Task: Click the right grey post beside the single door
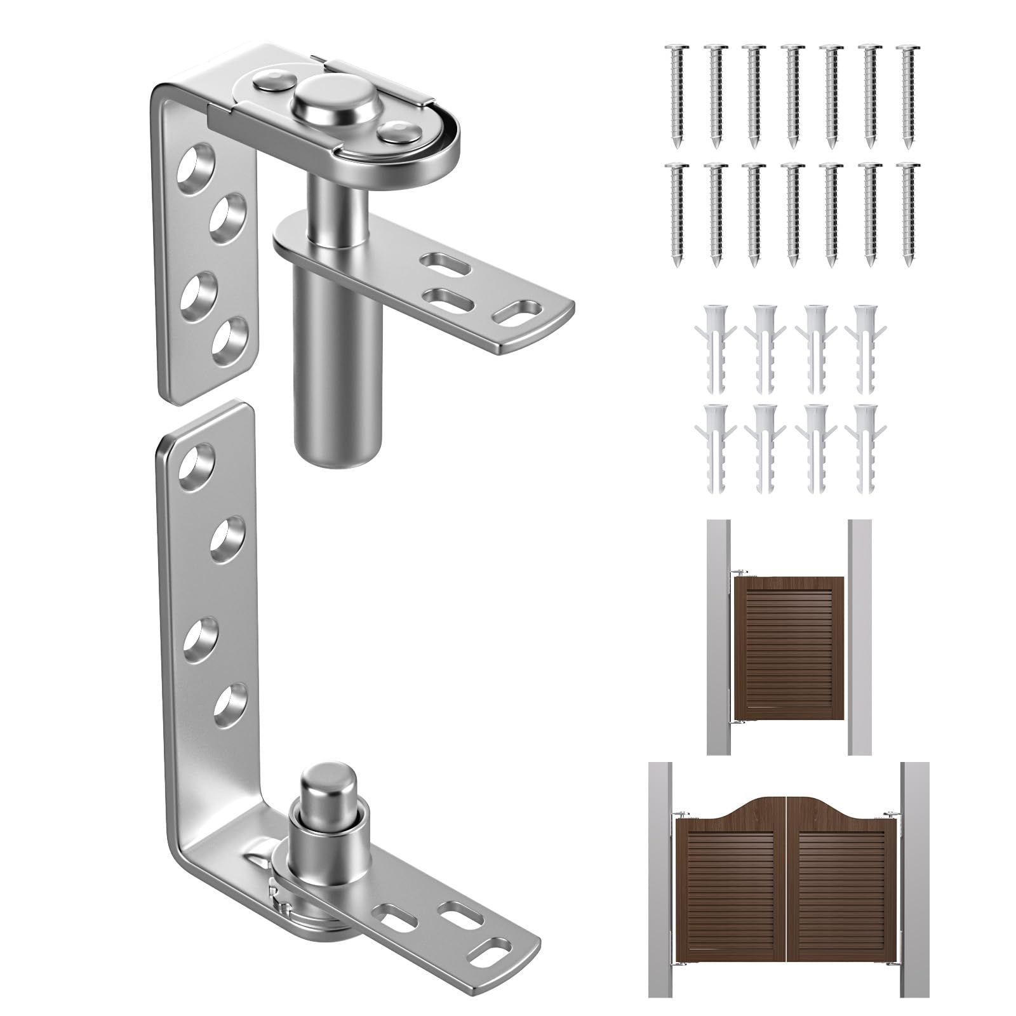tap(859, 635)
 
